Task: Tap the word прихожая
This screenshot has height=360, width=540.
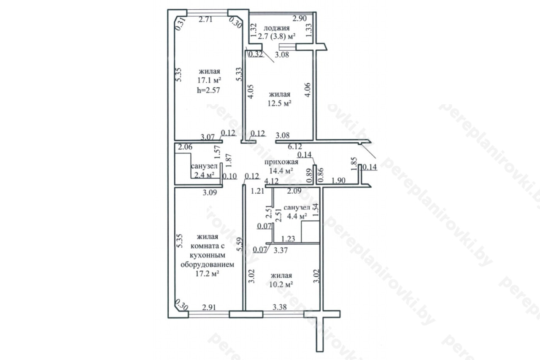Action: pos(281,162)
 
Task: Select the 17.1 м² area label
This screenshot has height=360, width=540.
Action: pos(209,80)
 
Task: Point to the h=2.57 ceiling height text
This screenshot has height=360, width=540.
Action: pos(208,90)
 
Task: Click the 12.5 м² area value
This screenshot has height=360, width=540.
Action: pos(279,103)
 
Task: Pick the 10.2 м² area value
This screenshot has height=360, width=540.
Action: pos(281,284)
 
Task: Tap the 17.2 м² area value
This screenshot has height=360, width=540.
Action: pos(207,273)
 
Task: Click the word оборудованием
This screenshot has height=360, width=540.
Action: pos(207,265)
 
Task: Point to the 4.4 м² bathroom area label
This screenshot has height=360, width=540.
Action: pos(297,216)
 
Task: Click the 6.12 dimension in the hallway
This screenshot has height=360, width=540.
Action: pos(295,146)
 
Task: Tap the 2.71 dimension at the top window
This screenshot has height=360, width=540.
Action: pos(205,19)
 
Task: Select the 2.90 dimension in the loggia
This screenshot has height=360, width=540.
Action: pos(300,18)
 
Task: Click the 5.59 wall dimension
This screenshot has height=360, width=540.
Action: pos(239,244)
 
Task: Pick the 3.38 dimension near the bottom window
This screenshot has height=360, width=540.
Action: pos(280,307)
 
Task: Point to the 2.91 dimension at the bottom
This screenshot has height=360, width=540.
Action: pos(209,307)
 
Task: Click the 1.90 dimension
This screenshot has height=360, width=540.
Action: pos(338,180)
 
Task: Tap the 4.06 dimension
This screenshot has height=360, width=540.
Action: pos(308,90)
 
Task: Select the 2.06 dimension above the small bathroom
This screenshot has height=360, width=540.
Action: pos(185,147)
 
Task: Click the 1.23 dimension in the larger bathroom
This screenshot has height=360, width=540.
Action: pos(288,239)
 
